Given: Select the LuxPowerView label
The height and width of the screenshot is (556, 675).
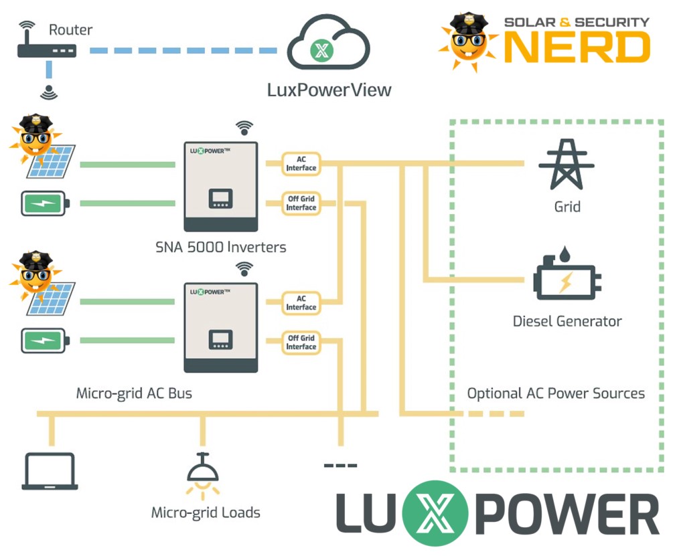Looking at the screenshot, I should [x=329, y=90].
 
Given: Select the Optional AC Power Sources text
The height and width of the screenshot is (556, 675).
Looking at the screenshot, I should [x=556, y=393].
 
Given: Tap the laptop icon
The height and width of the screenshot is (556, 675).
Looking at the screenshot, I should [x=50, y=471].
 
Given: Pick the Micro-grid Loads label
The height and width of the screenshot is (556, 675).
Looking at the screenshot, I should [x=206, y=513].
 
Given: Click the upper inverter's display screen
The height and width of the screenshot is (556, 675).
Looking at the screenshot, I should [x=220, y=198].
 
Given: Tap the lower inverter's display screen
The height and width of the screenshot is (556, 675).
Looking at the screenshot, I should [x=220, y=339].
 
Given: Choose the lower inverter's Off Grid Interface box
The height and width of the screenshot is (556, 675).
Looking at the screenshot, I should [x=301, y=343].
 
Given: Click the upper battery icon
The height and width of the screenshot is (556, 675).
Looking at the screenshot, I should [x=45, y=203].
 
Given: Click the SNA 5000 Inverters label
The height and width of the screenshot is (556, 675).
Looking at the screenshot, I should [x=220, y=247].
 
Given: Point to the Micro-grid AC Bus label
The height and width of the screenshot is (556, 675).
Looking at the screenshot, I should [x=134, y=393].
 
